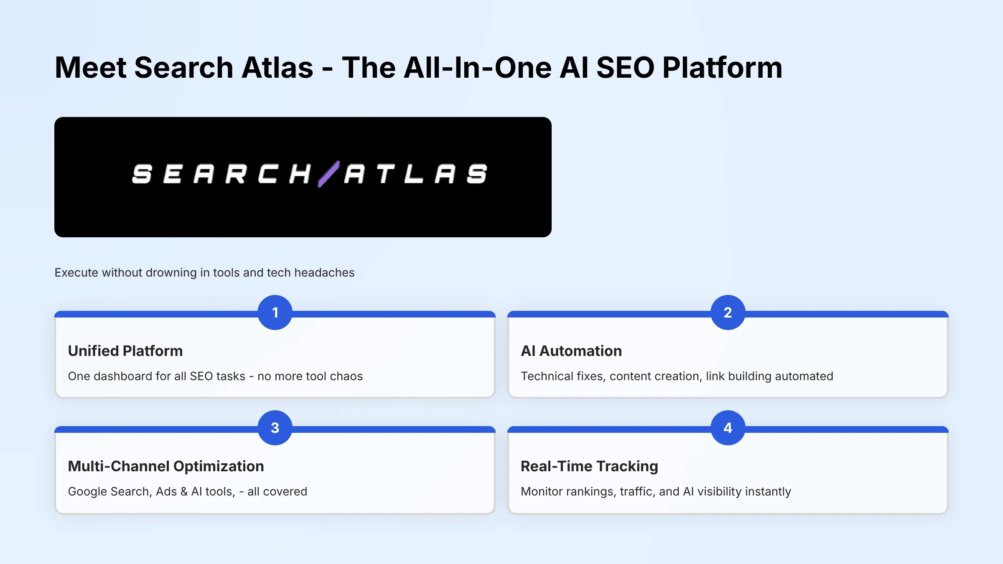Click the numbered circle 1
pyautogui.click(x=275, y=312)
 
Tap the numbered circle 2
pyautogui.click(x=728, y=312)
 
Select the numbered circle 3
pyautogui.click(x=275, y=428)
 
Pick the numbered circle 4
pyautogui.click(x=728, y=428)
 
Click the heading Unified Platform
pyautogui.click(x=125, y=351)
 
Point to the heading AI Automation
pyautogui.click(x=571, y=351)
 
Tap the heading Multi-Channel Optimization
pyautogui.click(x=166, y=466)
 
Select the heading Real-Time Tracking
pyautogui.click(x=589, y=466)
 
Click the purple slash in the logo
pyautogui.click(x=328, y=174)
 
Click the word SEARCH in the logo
pyautogui.click(x=221, y=174)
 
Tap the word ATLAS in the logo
pyautogui.click(x=415, y=174)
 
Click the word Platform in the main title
pyautogui.click(x=722, y=68)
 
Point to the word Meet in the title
pyautogui.click(x=90, y=68)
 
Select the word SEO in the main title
pyautogui.click(x=625, y=68)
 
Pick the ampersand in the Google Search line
pyautogui.click(x=184, y=492)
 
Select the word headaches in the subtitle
pyautogui.click(x=324, y=273)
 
